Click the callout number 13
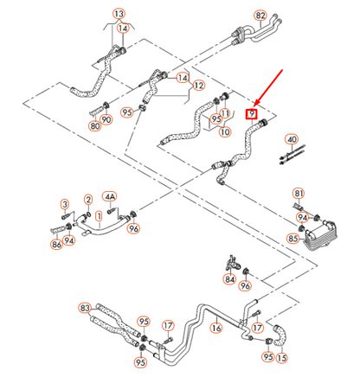click(119, 15)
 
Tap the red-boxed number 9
click(252, 113)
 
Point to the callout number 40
click(292, 139)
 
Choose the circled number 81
click(299, 192)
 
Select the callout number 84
click(229, 278)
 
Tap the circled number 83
click(85, 308)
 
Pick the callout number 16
click(215, 329)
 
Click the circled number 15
click(280, 357)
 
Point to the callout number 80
click(95, 125)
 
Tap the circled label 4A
click(111, 196)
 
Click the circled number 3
click(64, 203)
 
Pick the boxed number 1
click(99, 214)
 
